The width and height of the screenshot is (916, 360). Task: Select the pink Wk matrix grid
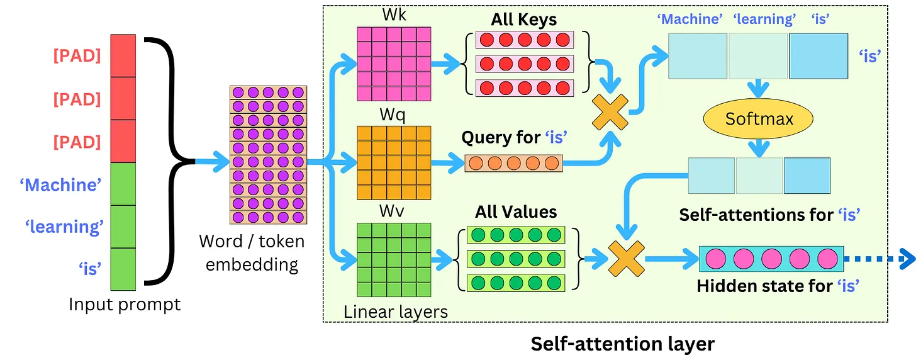click(394, 64)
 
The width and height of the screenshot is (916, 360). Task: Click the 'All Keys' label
click(523, 20)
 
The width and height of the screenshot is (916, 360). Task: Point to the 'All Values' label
click(516, 211)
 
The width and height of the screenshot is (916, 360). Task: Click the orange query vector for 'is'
click(513, 163)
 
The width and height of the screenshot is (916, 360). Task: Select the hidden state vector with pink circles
click(768, 259)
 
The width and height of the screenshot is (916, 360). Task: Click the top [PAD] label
click(77, 55)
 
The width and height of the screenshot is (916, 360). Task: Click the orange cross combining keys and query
click(611, 114)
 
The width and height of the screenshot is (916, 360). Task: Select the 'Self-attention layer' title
click(623, 344)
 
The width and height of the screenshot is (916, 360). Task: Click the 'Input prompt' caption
click(125, 305)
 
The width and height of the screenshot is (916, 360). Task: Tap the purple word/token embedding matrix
click(268, 155)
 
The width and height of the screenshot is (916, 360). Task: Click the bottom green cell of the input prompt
click(123, 269)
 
